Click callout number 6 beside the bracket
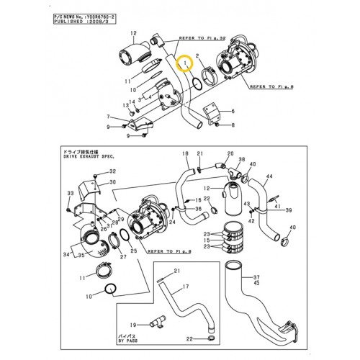pos(108,117)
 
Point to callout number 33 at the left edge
pos(70,194)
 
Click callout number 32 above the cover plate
pos(112,171)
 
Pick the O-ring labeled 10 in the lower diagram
pos(110,290)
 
